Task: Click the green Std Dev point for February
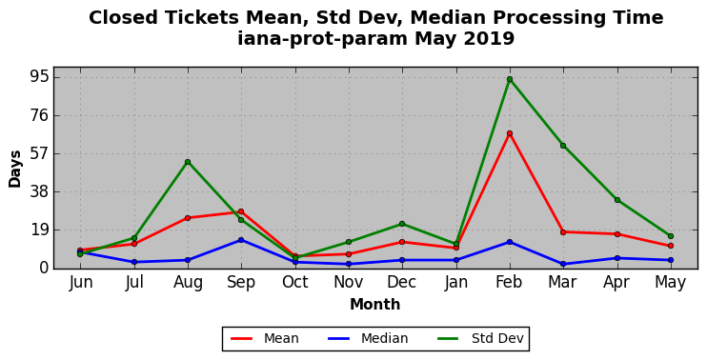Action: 510,79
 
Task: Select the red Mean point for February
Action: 510,133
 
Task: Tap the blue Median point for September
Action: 241,240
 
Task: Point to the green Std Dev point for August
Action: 188,162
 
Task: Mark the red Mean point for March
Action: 563,232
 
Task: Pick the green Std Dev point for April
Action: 616,200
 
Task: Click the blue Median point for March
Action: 563,264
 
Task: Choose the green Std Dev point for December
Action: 402,224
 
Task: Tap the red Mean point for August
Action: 188,218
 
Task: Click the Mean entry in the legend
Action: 265,338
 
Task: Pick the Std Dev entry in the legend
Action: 480,338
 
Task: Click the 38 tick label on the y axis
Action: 38,191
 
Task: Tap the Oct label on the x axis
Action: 294,282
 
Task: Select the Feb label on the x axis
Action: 509,282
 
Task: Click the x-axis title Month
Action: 375,304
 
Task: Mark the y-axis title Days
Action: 15,169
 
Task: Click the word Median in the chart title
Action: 448,18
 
